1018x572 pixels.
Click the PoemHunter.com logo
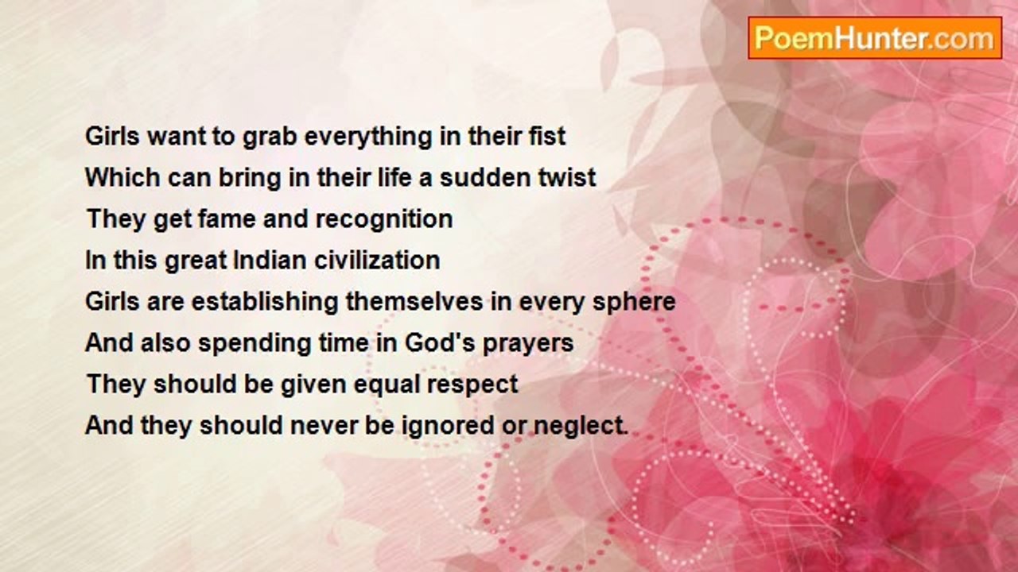tap(875, 38)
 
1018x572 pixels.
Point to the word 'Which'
tap(122, 177)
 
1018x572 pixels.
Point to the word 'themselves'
tap(414, 301)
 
